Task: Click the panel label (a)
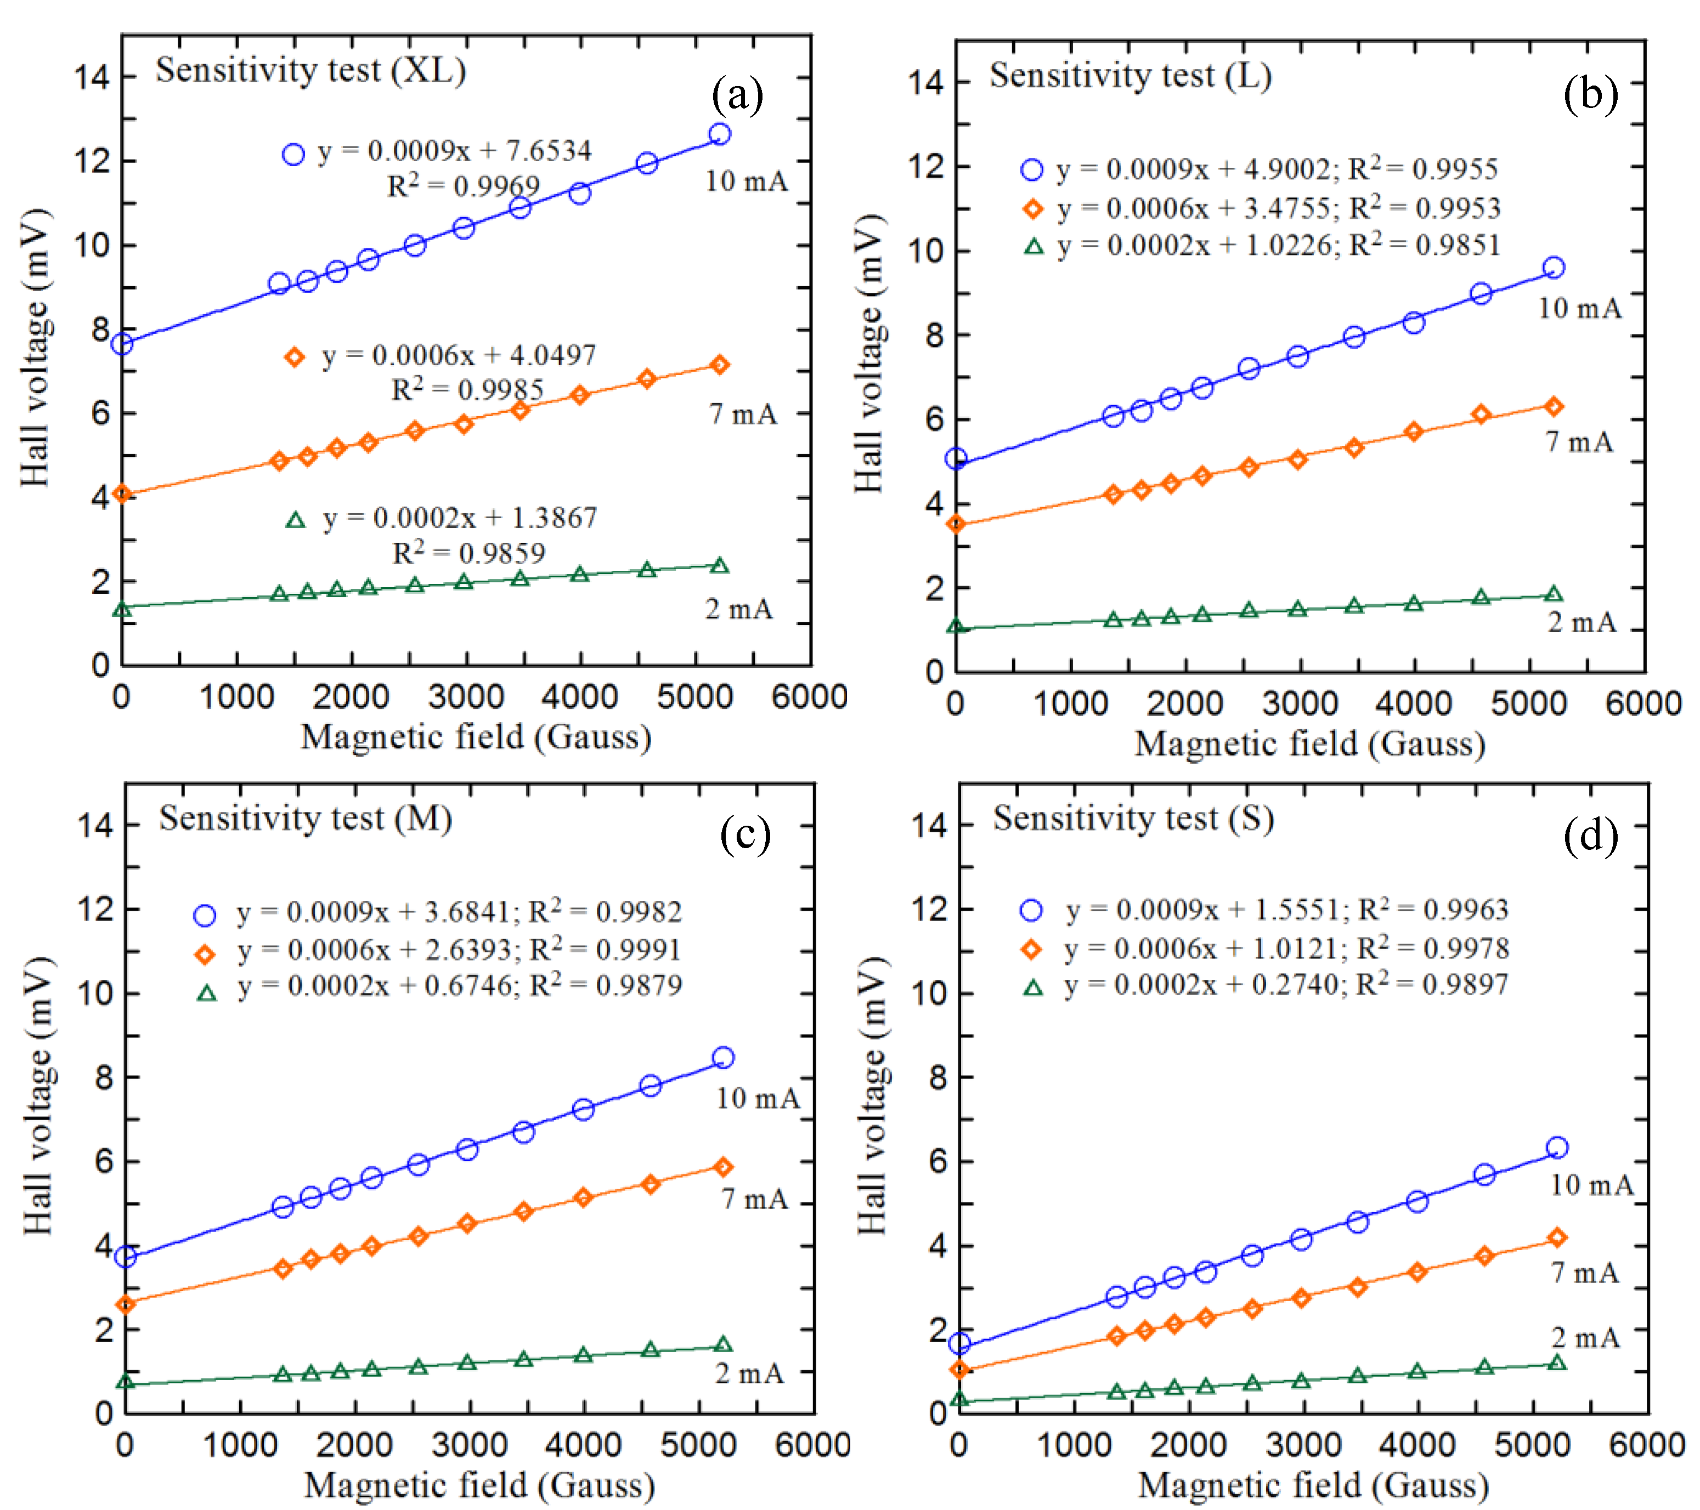737,95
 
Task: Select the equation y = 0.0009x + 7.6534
454,151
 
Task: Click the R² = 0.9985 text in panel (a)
467,389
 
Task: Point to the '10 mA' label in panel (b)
1579,309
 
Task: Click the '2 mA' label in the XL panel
738,610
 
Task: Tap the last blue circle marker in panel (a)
719,134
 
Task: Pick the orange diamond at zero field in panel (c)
126,1304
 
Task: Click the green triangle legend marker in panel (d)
1032,987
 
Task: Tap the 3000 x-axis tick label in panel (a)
466,697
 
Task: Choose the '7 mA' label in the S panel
1584,1272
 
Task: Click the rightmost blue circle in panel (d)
1557,1148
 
